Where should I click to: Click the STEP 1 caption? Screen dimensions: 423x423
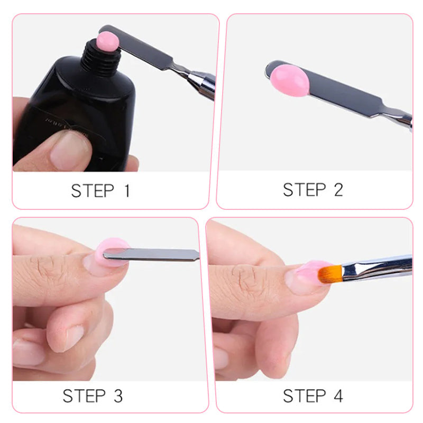(x=100, y=190)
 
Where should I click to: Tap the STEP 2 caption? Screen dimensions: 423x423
(x=313, y=189)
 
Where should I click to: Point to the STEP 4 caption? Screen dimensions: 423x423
(x=313, y=395)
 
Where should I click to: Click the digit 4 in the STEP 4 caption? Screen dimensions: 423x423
(x=338, y=395)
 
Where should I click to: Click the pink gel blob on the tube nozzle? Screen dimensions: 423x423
(x=109, y=41)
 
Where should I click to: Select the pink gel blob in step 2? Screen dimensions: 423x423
(x=290, y=79)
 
